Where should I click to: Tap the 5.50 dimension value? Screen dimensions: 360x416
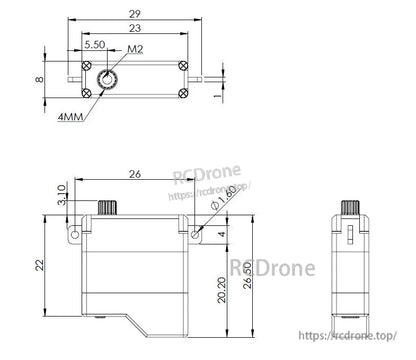pyautogui.click(x=95, y=46)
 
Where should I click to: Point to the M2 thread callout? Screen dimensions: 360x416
pyautogui.click(x=134, y=48)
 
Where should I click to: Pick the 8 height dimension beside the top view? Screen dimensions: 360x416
pyautogui.click(x=40, y=78)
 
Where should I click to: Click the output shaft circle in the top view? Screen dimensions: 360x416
pyautogui.click(x=107, y=78)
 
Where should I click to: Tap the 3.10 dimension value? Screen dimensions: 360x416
pyautogui.click(x=61, y=192)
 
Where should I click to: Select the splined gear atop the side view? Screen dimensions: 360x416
pyautogui.click(x=350, y=207)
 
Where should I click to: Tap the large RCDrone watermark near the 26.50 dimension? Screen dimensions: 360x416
pyautogui.click(x=272, y=267)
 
